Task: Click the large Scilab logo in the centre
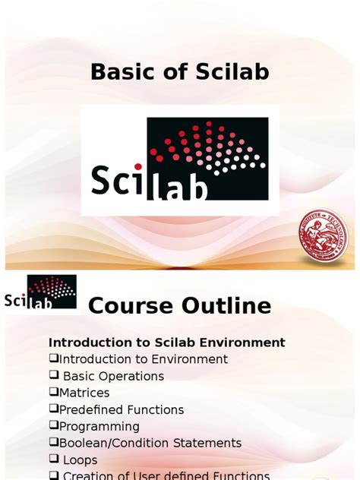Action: pyautogui.click(x=180, y=159)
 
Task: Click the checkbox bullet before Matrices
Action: pyautogui.click(x=54, y=393)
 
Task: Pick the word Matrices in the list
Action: pyautogui.click(x=84, y=393)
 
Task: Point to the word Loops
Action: pyautogui.click(x=81, y=459)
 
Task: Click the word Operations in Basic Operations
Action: pyautogui.click(x=131, y=376)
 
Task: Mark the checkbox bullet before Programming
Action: pyautogui.click(x=54, y=426)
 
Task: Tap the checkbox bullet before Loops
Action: pyautogui.click(x=54, y=459)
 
